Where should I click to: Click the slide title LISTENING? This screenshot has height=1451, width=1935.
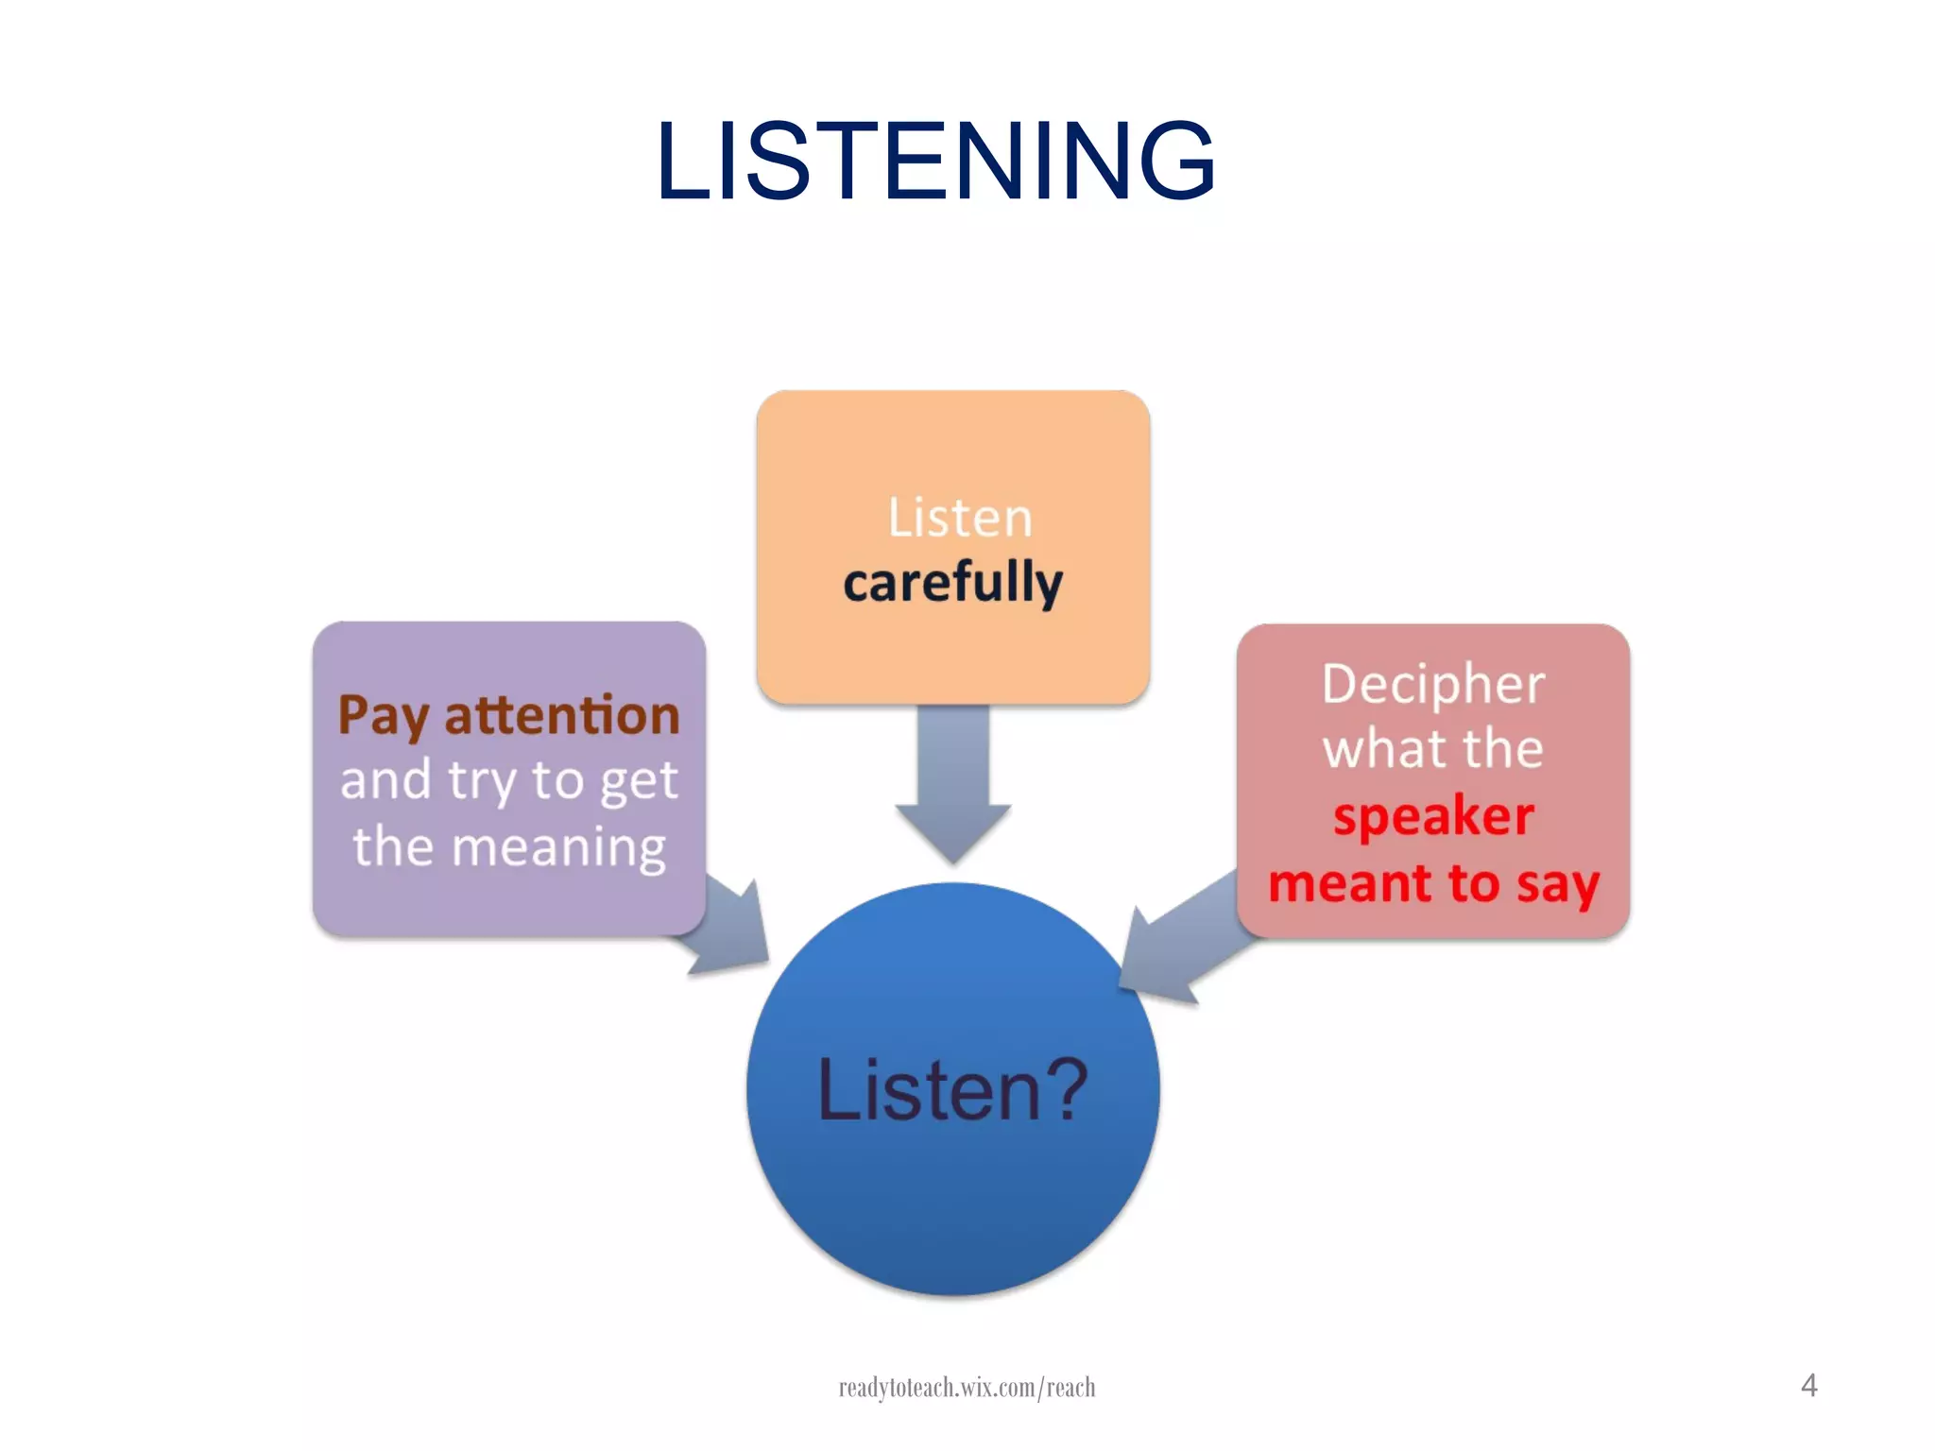click(x=935, y=161)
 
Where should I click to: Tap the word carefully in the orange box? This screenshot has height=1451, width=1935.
click(x=952, y=582)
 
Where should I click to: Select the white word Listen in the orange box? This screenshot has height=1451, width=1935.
click(x=960, y=518)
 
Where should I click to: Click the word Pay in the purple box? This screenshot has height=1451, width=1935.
click(x=384, y=716)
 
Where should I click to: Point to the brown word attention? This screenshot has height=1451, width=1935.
click(x=561, y=715)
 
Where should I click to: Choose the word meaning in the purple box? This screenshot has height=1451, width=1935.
click(x=558, y=847)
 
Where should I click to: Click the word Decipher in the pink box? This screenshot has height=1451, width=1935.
click(x=1432, y=685)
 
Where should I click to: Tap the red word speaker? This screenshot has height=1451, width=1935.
click(x=1432, y=816)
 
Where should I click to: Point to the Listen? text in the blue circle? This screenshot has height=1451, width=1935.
click(x=952, y=1090)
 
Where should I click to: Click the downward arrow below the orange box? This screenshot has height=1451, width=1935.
click(x=953, y=784)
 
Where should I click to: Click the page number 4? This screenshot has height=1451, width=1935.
click(x=1808, y=1385)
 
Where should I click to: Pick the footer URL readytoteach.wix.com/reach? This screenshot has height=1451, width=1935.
click(x=967, y=1387)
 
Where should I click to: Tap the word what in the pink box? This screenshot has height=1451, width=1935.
click(x=1374, y=749)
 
